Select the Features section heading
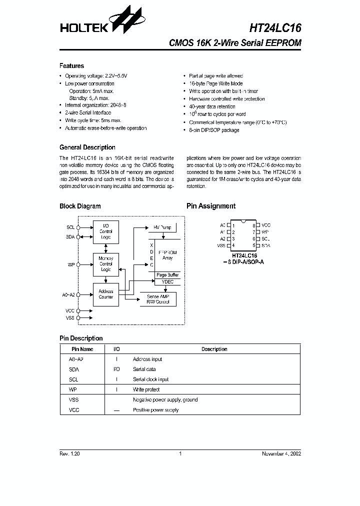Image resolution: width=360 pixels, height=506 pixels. pos(71,65)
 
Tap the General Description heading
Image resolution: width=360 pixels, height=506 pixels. pos(87,147)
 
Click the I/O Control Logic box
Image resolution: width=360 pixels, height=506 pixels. pos(106,231)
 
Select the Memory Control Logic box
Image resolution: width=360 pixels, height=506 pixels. pos(106,263)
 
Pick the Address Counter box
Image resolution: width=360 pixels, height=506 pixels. pos(106,294)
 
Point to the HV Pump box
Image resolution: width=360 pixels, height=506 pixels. pos(161,227)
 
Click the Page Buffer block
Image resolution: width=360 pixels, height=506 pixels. pos(167,275)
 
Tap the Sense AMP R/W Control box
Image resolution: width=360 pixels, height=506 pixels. pos(158,299)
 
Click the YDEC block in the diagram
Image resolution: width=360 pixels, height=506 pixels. pos(167,282)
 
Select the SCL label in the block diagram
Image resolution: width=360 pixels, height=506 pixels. pos(70,227)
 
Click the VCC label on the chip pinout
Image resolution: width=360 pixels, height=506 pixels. pos(266,225)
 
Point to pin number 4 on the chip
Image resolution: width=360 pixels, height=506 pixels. pos(233,246)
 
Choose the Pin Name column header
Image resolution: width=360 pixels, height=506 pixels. pos(82,349)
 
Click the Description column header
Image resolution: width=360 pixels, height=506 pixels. pos(214,349)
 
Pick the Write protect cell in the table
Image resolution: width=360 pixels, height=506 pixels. pos(146,389)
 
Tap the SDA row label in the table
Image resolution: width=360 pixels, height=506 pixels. pos(73,369)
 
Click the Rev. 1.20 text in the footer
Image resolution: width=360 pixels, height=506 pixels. pos(69,453)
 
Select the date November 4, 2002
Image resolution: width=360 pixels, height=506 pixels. pos(281,453)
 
